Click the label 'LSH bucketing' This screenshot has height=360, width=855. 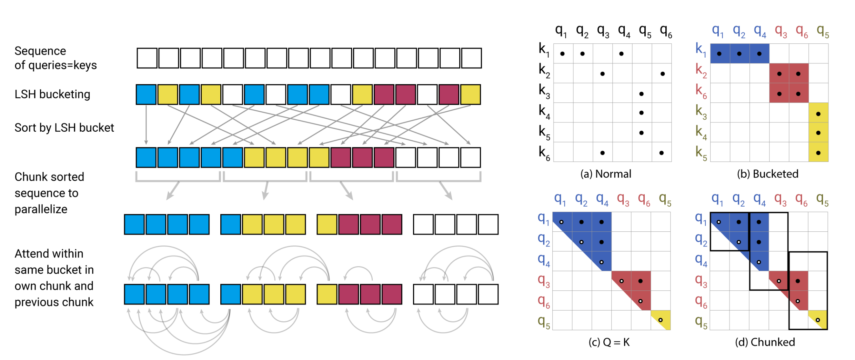[x=52, y=94]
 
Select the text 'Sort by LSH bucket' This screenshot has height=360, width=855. [x=64, y=128]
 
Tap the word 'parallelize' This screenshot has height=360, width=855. [x=41, y=209]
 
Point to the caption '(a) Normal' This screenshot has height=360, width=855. [x=606, y=174]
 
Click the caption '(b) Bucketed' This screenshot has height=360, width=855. [x=767, y=174]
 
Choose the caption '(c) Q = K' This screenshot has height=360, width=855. [x=609, y=342]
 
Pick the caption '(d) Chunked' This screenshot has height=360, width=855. [x=765, y=342]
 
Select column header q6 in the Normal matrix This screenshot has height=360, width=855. [x=666, y=32]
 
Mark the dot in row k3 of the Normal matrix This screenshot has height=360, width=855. [x=641, y=94]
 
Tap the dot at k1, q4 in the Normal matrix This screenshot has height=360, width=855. [x=621, y=54]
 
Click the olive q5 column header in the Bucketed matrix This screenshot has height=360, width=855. [x=823, y=32]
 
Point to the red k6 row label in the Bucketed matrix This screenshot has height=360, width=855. [x=701, y=91]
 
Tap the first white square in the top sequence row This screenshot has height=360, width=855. [x=147, y=58]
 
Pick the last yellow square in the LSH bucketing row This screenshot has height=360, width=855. [x=471, y=94]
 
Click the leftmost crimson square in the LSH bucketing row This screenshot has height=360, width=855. [x=384, y=94]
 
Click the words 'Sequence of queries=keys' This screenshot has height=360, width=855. [x=55, y=58]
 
